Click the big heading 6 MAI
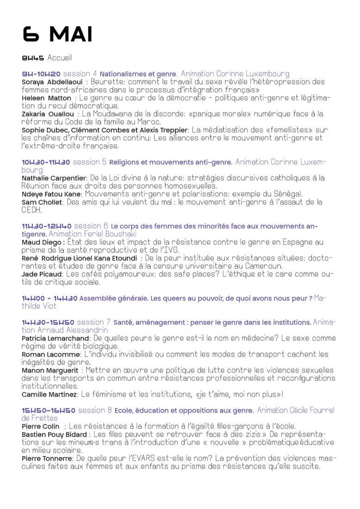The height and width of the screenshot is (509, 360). (57, 35)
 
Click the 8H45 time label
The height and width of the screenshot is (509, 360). (33, 58)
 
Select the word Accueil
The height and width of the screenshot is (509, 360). (60, 58)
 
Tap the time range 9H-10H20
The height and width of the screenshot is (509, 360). (41, 74)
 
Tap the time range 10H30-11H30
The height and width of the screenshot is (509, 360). (46, 162)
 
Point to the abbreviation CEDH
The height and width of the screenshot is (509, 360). (31, 210)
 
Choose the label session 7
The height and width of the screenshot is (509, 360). (93, 322)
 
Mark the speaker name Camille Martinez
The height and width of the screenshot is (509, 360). (50, 395)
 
